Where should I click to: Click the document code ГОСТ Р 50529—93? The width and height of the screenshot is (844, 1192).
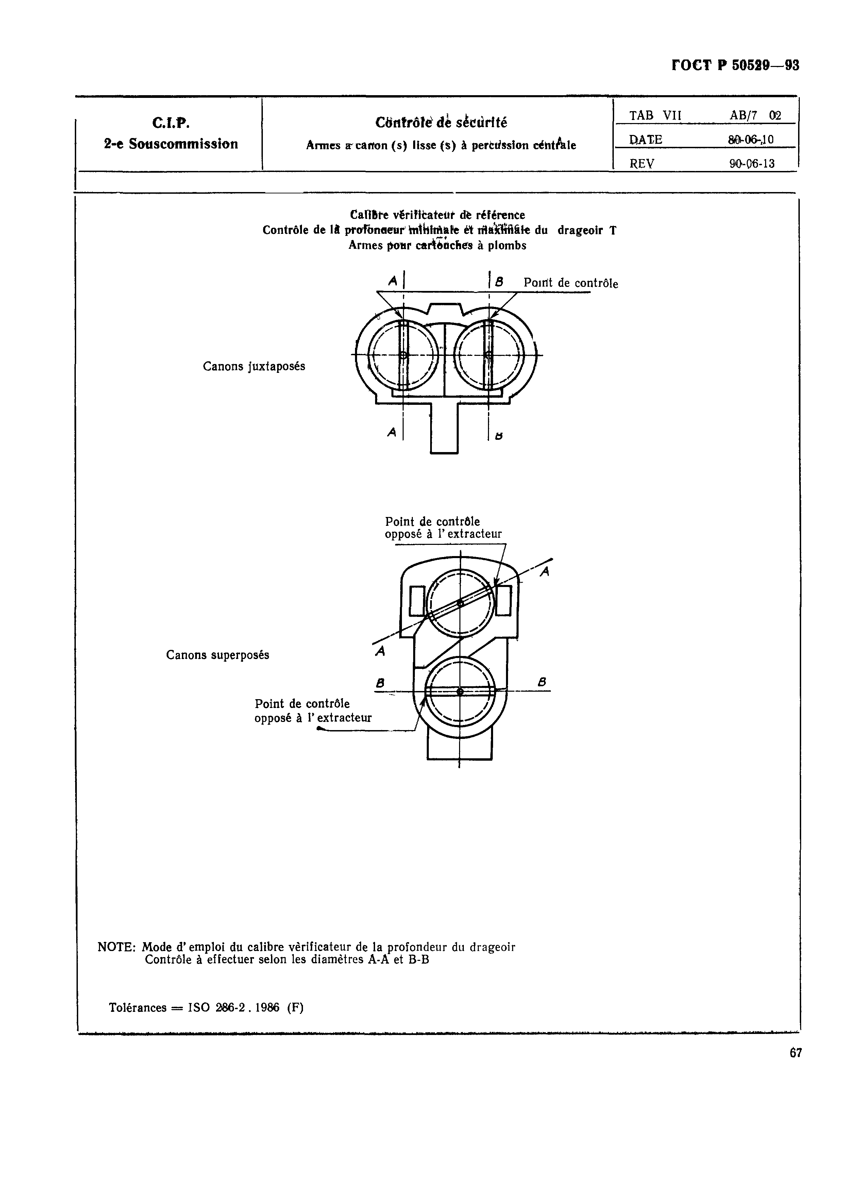point(735,66)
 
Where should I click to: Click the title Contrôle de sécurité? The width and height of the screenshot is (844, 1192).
point(441,123)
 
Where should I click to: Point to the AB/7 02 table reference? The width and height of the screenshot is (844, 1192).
point(755,115)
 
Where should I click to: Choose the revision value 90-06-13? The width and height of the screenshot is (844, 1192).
point(752,163)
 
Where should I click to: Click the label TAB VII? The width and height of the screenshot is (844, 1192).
point(655,115)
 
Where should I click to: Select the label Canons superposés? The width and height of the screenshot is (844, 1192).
point(218,655)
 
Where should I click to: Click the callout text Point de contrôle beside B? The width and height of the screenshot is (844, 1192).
point(571,283)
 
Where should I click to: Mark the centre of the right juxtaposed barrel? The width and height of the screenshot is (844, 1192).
point(489,355)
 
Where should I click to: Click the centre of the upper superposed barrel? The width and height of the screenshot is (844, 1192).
point(460,603)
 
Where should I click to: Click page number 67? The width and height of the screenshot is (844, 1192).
point(796,1053)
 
